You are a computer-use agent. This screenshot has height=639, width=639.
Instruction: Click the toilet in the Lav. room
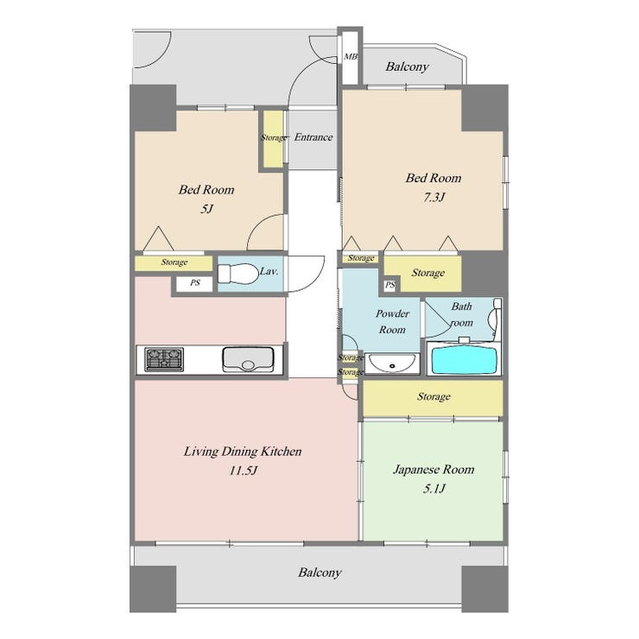click(x=238, y=273)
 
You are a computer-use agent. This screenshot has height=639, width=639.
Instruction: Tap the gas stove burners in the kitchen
click(x=164, y=359)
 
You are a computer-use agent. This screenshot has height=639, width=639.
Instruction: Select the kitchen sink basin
click(x=248, y=359)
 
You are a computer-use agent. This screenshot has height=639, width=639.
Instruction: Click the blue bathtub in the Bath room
click(x=464, y=359)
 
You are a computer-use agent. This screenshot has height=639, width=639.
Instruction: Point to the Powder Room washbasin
click(x=392, y=363)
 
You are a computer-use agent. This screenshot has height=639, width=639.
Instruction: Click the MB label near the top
click(x=351, y=57)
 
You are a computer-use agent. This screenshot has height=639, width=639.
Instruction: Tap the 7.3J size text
click(x=433, y=198)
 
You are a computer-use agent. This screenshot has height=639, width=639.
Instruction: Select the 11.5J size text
click(x=244, y=471)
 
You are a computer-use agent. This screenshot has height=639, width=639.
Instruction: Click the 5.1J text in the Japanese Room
click(x=433, y=488)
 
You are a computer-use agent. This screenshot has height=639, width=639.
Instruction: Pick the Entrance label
click(x=313, y=137)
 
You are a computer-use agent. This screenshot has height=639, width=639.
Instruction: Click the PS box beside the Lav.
click(x=195, y=283)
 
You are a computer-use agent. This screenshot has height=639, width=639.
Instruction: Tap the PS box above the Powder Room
click(x=390, y=285)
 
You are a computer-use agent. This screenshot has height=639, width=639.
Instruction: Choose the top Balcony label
click(x=407, y=66)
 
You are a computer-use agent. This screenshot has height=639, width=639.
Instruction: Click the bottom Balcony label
click(x=319, y=573)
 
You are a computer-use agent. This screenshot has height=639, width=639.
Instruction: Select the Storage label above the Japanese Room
click(x=433, y=396)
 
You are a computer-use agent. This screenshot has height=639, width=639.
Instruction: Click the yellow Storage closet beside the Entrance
click(x=273, y=138)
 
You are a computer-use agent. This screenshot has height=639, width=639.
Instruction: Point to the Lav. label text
click(x=269, y=271)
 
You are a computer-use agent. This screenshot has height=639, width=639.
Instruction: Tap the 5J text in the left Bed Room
click(x=206, y=209)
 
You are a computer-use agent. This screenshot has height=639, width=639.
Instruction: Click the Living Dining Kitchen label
click(x=243, y=452)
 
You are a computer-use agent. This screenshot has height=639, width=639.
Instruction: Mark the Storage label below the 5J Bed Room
click(x=174, y=262)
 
